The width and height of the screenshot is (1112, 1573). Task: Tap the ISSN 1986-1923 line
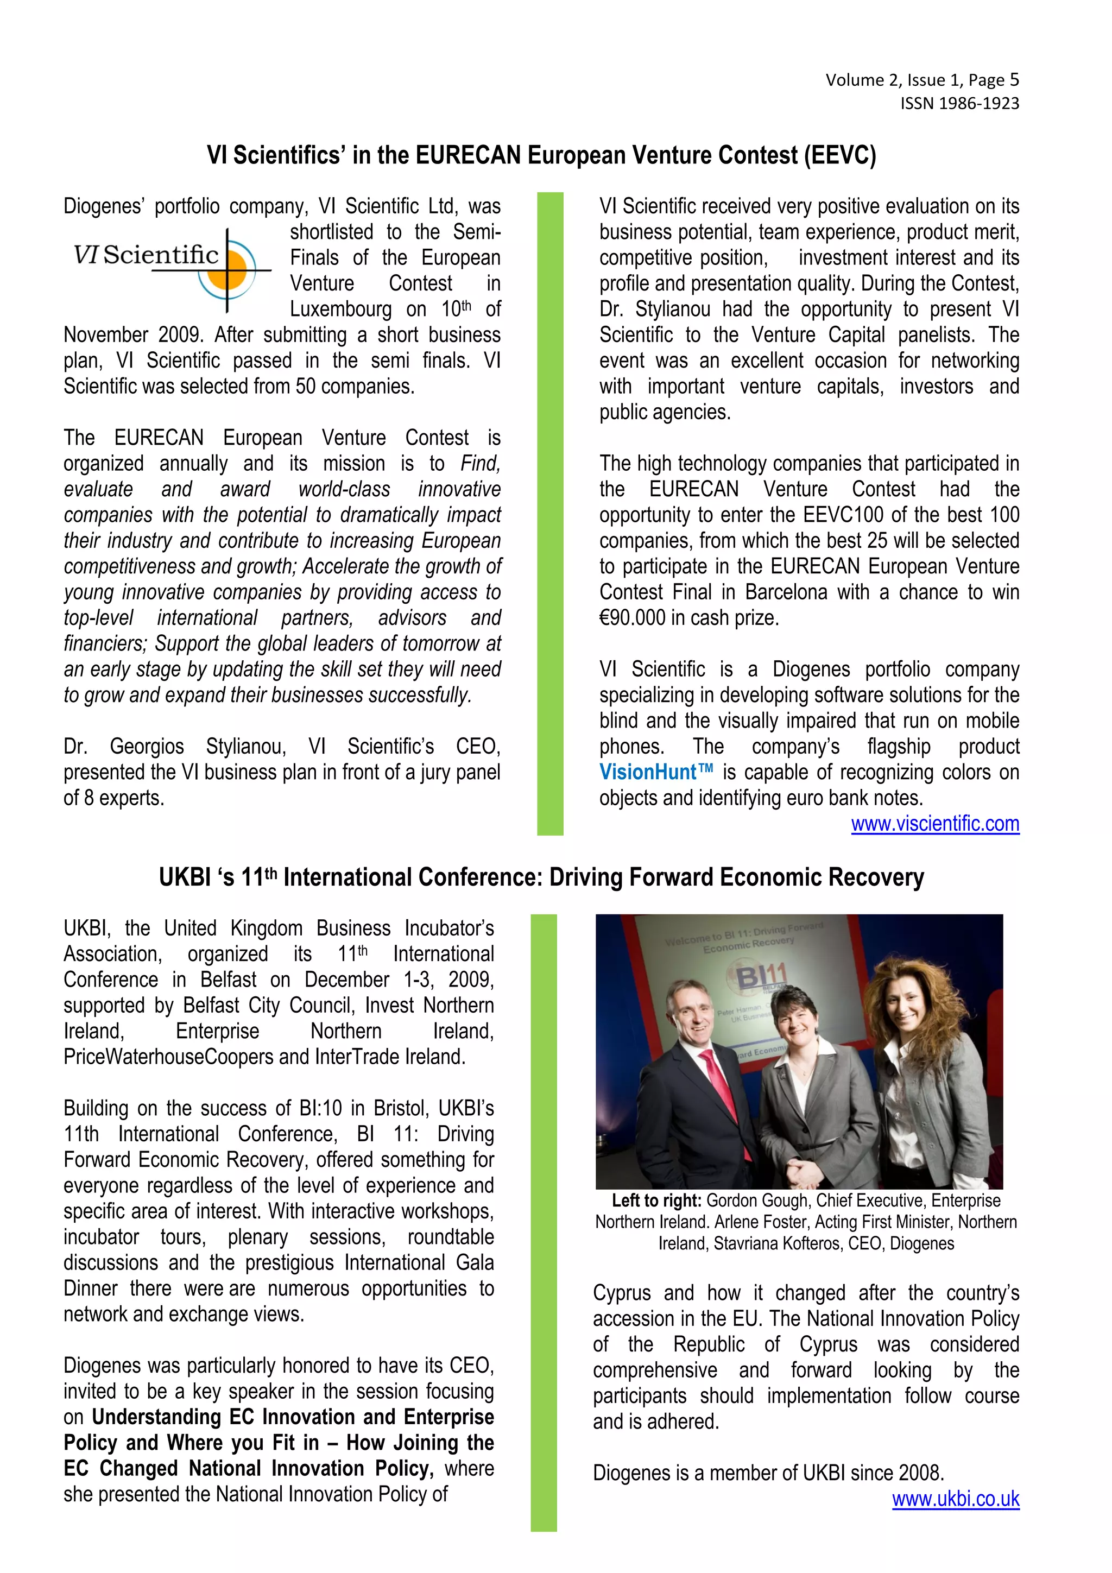[x=959, y=104]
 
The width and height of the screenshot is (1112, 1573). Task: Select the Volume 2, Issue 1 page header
[x=921, y=80]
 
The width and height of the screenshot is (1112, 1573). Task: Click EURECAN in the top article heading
[x=468, y=155]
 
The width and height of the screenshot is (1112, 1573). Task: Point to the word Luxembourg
[x=340, y=309]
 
